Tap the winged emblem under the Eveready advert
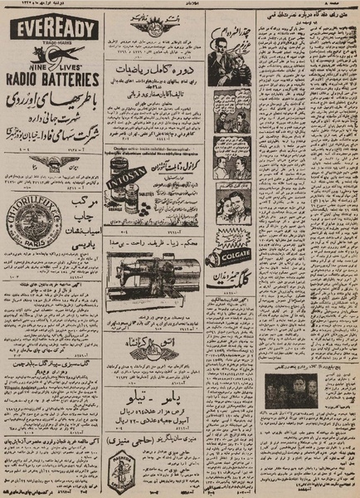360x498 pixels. [x=52, y=164]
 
